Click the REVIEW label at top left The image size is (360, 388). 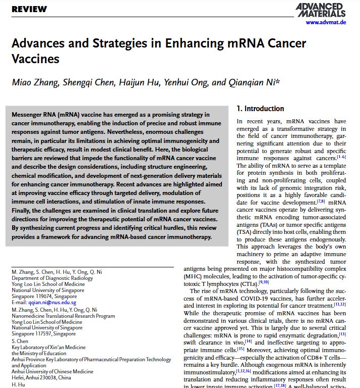[x=29, y=9]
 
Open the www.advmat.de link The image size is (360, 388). [x=326, y=22]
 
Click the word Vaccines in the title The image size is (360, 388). [x=35, y=59]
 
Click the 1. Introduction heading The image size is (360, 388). [x=260, y=109]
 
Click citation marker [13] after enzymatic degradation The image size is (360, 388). [x=342, y=334]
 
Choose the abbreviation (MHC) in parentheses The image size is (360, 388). [x=194, y=277]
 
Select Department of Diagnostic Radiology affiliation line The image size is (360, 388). [x=52, y=278]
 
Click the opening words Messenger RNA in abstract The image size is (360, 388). [x=35, y=115]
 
